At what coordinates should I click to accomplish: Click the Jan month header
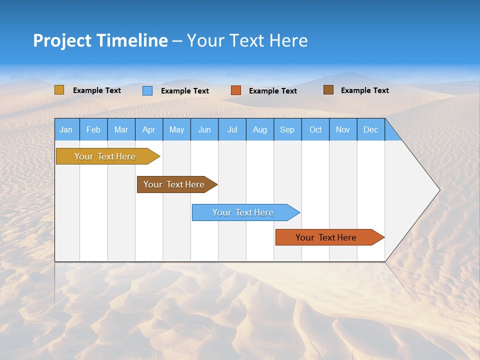[66, 130]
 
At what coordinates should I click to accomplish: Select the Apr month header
[148, 130]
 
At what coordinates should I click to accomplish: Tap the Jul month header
[232, 130]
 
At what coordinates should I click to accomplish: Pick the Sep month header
[287, 130]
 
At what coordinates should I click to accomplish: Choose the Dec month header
[370, 130]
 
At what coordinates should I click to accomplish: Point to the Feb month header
[93, 130]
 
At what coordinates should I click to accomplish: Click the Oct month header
[315, 130]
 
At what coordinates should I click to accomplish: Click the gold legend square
[59, 90]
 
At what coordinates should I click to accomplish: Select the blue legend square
[147, 90]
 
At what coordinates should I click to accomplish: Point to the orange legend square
[236, 90]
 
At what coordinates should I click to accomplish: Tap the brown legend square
[328, 90]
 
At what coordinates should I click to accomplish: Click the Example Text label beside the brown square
[364, 90]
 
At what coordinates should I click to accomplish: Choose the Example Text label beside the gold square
[97, 90]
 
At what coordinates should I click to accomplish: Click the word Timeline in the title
[131, 40]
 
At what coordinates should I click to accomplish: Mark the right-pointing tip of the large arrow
[438, 190]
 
